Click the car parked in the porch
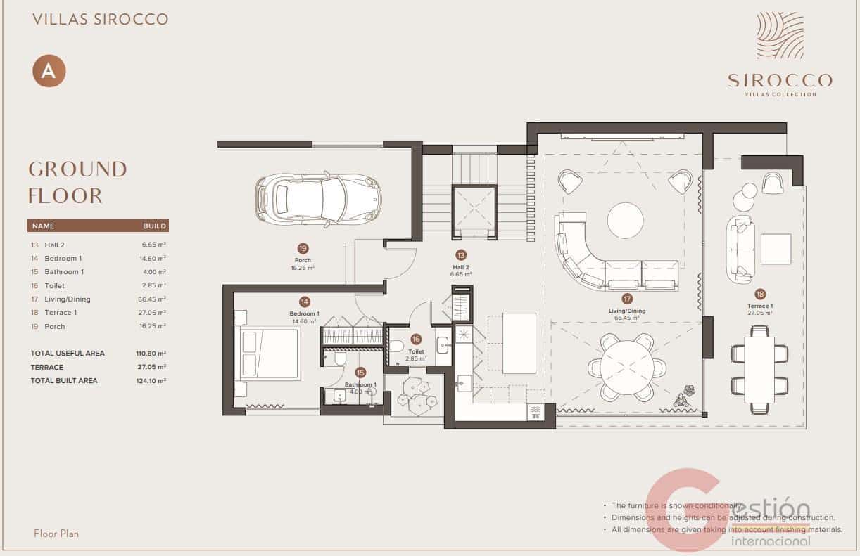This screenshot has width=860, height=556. (318, 199)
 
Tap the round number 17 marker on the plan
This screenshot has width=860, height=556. (627, 299)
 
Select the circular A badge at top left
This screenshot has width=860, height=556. (49, 71)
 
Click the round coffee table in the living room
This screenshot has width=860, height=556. (625, 221)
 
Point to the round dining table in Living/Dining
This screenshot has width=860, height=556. (628, 367)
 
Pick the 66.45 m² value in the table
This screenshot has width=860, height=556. (153, 299)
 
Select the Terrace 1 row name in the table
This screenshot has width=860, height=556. (61, 313)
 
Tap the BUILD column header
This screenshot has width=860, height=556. (154, 226)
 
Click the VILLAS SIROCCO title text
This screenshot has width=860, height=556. (101, 19)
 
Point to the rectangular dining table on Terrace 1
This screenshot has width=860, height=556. (759, 370)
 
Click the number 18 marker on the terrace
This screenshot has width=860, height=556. (760, 295)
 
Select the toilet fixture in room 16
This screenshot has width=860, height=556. (396, 346)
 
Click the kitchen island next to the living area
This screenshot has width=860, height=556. (519, 344)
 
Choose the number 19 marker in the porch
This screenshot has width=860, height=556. (303, 249)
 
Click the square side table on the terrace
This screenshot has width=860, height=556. (776, 249)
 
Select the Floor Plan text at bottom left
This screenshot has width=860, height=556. (56, 534)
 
